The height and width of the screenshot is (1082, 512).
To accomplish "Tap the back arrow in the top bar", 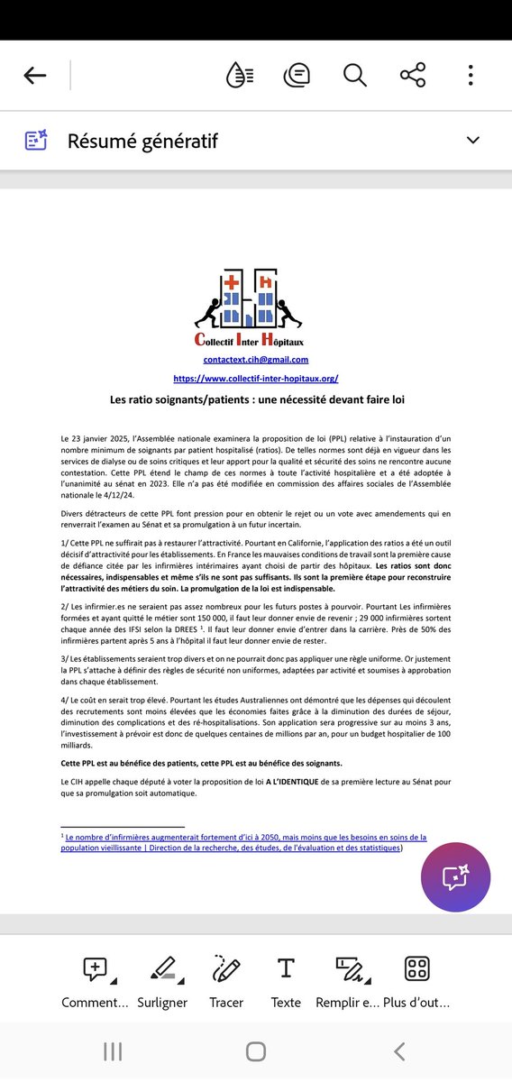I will (35, 76).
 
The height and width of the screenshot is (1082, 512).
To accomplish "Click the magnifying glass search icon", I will (355, 76).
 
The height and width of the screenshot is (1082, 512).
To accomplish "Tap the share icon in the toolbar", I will (412, 76).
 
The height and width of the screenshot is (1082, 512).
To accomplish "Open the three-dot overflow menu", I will (471, 76).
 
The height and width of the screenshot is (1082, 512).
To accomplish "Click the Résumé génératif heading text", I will (142, 141).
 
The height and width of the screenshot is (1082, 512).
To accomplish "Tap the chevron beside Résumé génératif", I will (472, 140).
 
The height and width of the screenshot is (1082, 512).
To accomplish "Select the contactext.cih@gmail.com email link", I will (256, 360).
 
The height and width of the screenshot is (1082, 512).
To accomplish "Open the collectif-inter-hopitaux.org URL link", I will (256, 379).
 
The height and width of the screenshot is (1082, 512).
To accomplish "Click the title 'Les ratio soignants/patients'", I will (256, 399).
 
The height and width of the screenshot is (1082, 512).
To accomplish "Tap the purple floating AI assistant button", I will (456, 877).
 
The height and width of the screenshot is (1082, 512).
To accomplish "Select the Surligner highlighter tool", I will (162, 969).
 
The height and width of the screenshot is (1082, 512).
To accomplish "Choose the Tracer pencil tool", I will (226, 969).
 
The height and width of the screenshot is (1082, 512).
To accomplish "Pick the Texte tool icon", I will (286, 969).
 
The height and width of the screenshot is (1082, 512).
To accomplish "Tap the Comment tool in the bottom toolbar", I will (95, 969).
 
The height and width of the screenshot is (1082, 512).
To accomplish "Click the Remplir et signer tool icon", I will (350, 969).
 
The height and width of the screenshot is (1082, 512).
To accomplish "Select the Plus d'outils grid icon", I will (416, 969).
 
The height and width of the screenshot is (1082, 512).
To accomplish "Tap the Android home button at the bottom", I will (256, 1051).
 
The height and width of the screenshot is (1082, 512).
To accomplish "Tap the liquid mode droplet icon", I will (240, 76).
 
